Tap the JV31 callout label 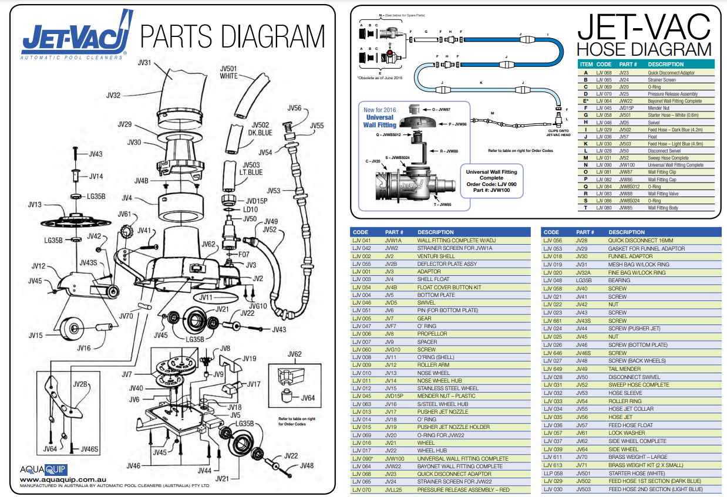coord(144,63)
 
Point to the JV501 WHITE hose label coord(228,72)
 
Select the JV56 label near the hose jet coord(295,108)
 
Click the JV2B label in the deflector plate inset coord(80,385)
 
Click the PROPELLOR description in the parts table coord(432,334)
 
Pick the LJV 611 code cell coord(553,457)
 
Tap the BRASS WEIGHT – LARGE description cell coord(638,457)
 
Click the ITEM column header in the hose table coord(586,65)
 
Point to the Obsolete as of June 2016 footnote coord(379,77)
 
